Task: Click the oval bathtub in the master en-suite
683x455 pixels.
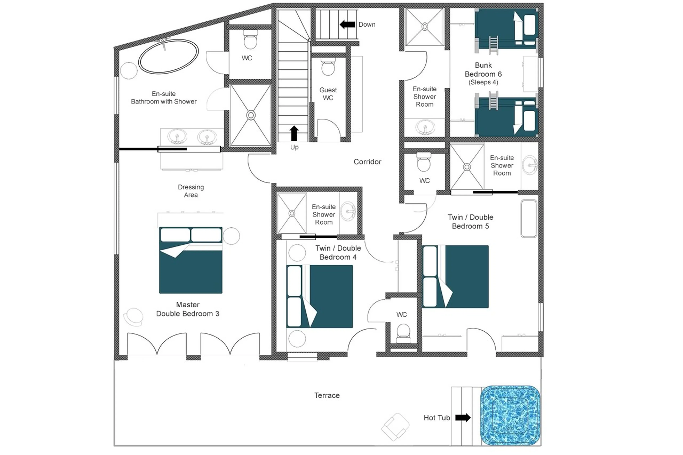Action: [168, 56]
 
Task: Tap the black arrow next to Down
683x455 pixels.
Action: [347, 24]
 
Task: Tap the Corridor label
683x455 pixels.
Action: [367, 162]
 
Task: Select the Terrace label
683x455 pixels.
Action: [327, 395]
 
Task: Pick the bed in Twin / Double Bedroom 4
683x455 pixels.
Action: [320, 296]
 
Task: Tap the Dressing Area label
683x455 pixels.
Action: [191, 191]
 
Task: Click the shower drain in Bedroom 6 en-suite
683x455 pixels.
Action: [424, 27]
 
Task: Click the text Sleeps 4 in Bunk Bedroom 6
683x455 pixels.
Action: [483, 82]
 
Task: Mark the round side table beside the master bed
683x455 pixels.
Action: [231, 236]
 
